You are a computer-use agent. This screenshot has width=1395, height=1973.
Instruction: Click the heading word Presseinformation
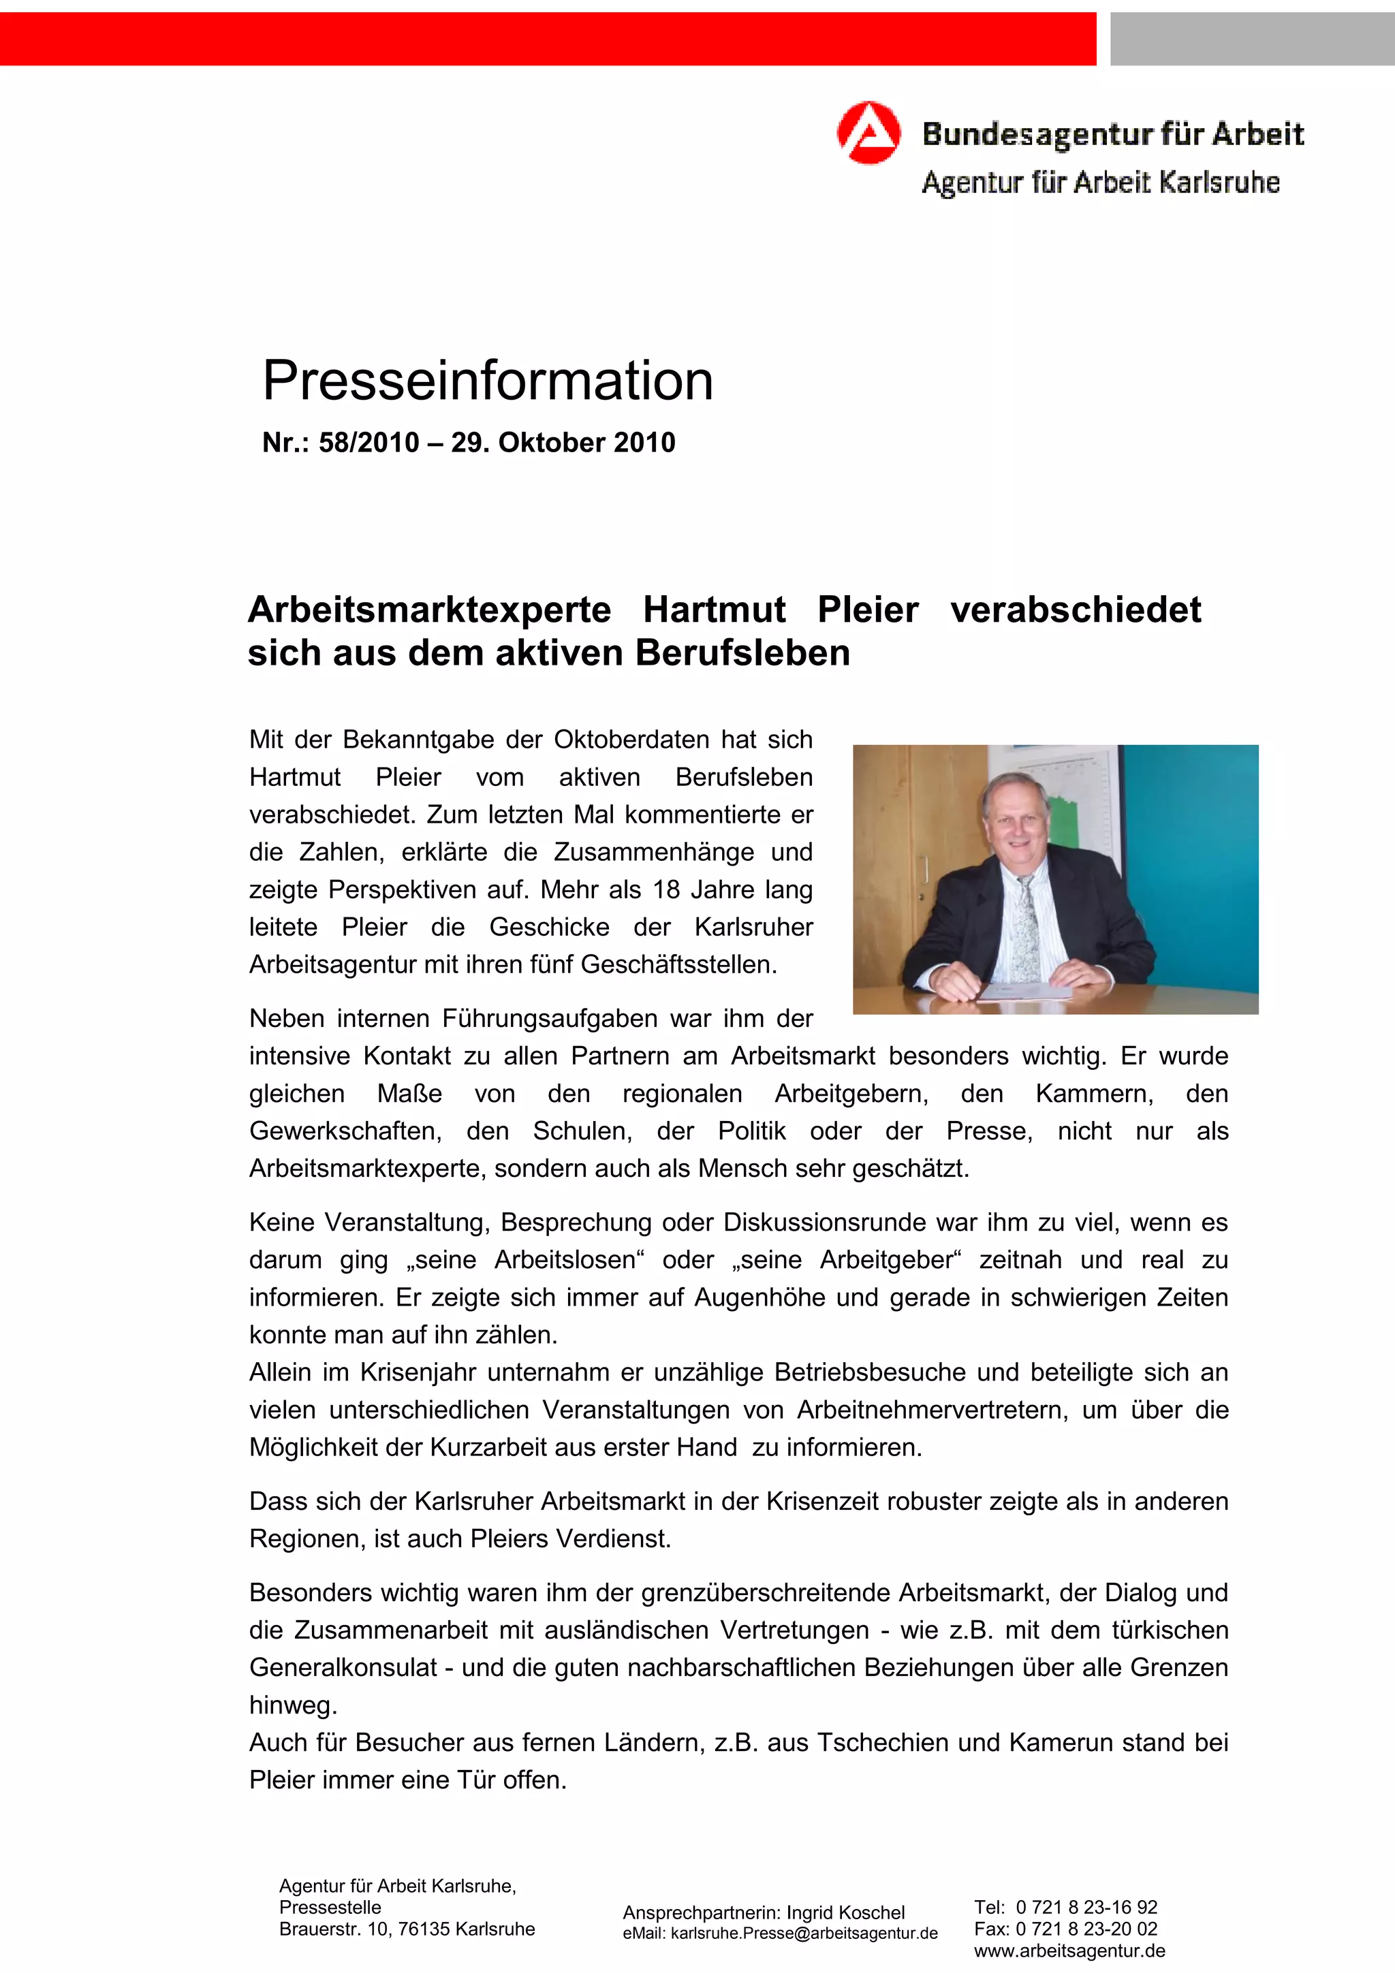(x=487, y=381)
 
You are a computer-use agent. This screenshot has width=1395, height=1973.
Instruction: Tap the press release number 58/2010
(x=369, y=443)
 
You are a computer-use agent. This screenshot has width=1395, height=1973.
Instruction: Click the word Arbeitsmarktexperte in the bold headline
(x=429, y=610)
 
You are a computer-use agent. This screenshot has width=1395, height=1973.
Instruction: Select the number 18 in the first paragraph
(x=666, y=889)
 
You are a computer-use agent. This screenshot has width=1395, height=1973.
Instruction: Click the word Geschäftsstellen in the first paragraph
(x=678, y=965)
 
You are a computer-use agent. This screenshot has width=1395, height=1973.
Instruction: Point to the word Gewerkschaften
(x=345, y=1131)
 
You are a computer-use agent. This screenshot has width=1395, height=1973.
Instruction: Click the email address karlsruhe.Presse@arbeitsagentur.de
(x=804, y=1933)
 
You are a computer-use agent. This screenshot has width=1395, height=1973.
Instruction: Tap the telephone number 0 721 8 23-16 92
(x=1086, y=1907)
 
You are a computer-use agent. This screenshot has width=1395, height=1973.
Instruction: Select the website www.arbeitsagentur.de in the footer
(x=1069, y=1951)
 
